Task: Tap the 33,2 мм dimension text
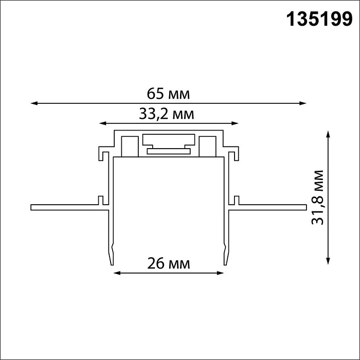click(167, 114)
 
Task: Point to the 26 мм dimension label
click(169, 264)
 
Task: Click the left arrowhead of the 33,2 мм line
click(102, 123)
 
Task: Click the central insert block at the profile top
click(169, 144)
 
